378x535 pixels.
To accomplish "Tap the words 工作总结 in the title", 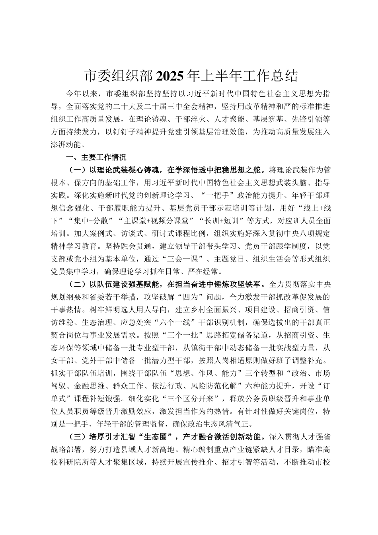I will tap(271, 76).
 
